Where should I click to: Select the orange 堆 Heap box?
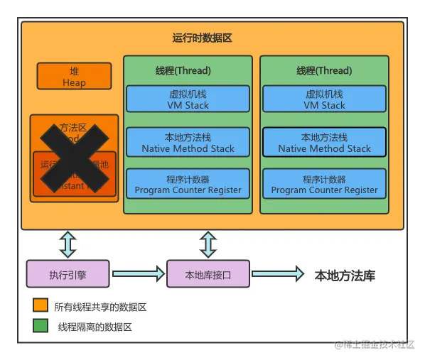tap(74, 77)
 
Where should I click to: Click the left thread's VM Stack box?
tap(188, 99)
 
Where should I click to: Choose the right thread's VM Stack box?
tap(324, 99)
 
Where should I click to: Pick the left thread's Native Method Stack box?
tap(188, 142)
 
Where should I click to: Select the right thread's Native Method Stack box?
tap(324, 142)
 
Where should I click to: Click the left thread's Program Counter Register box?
tap(188, 184)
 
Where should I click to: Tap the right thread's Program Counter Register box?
tap(324, 184)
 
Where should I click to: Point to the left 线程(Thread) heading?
tap(183, 70)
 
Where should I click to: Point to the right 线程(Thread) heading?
tap(324, 70)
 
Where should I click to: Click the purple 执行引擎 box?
tap(68, 273)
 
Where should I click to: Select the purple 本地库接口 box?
tap(208, 273)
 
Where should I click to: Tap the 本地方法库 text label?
tap(345, 276)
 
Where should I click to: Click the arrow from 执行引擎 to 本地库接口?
tap(138, 273)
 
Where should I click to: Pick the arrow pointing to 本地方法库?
tap(277, 273)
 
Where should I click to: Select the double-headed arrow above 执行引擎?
tap(68, 244)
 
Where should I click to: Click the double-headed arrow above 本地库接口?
tap(208, 244)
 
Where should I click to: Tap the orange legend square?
tap(41, 306)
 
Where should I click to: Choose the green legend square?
tap(41, 326)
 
